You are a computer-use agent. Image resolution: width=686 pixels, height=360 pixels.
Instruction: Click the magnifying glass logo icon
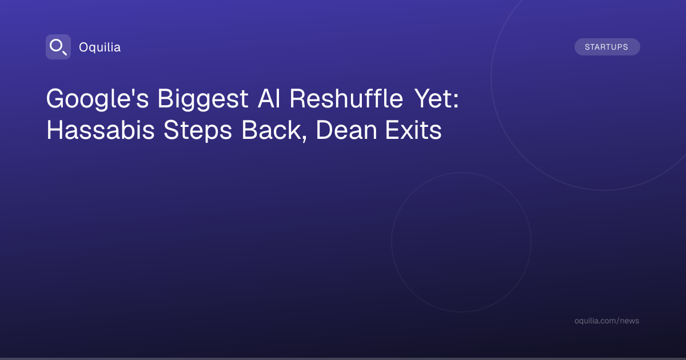coord(58,47)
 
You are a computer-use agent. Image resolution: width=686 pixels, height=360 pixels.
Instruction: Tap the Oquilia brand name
coord(100,47)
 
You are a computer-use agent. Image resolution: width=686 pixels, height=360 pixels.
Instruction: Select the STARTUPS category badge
coord(607,47)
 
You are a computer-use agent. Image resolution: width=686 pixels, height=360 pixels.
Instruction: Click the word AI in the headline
coord(269,98)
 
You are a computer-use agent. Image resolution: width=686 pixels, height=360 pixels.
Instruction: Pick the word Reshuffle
coord(346,98)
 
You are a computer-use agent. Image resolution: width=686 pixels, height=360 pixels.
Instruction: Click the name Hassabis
coord(101,130)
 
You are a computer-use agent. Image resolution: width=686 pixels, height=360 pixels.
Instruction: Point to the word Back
coord(272,130)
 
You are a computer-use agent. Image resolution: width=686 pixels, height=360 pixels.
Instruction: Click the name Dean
coord(346,130)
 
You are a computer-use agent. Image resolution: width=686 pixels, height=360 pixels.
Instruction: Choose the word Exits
coord(413,130)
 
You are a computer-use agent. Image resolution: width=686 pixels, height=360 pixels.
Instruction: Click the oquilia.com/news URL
coord(607,321)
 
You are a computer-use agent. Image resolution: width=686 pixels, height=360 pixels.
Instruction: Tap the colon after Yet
coord(456,100)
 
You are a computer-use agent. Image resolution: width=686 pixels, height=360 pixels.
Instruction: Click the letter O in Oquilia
coord(84,47)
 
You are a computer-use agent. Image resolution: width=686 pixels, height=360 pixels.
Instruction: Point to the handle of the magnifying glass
coord(65,53)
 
